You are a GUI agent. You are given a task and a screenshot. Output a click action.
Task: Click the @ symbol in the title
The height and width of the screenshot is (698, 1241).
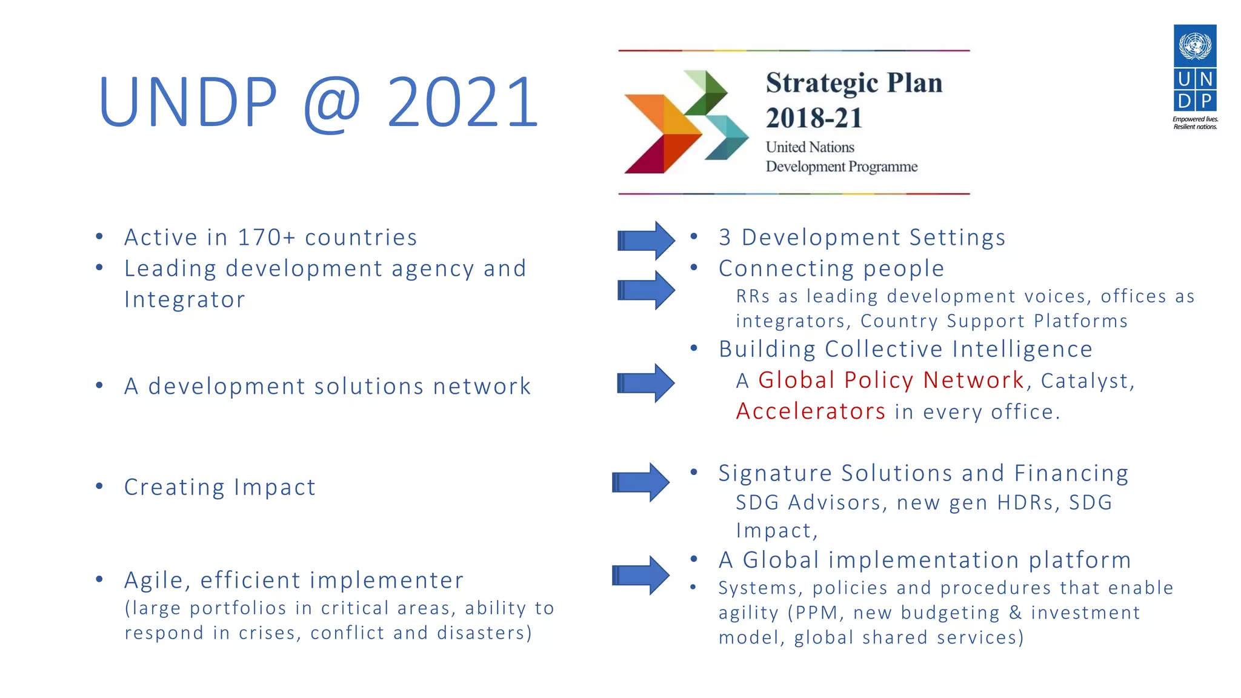click(x=332, y=103)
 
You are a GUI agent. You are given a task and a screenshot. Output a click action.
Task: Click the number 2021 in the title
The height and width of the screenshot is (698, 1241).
click(x=462, y=102)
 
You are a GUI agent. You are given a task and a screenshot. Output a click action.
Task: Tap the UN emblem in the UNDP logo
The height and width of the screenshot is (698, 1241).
click(x=1195, y=45)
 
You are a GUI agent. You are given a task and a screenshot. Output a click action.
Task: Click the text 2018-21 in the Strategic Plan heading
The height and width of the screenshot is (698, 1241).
click(x=814, y=118)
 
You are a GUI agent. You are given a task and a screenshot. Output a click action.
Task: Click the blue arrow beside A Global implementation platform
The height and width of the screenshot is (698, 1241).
click(x=641, y=575)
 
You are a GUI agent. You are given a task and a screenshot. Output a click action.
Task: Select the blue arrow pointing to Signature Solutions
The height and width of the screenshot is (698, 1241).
click(x=641, y=482)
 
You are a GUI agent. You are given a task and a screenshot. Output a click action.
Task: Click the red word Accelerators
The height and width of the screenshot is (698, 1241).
click(x=811, y=411)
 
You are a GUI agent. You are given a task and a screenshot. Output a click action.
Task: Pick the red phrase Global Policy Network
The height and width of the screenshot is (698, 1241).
click(x=891, y=381)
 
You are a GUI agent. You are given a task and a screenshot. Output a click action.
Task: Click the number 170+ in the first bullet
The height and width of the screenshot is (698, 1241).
click(x=267, y=238)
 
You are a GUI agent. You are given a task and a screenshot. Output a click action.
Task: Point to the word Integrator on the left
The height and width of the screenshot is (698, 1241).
click(x=185, y=300)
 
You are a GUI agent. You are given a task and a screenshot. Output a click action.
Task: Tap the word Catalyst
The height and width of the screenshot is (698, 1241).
click(x=1086, y=381)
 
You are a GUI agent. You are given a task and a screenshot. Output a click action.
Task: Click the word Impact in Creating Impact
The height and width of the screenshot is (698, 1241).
click(x=274, y=487)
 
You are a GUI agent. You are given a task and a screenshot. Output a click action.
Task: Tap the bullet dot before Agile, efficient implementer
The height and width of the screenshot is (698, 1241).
click(x=99, y=579)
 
